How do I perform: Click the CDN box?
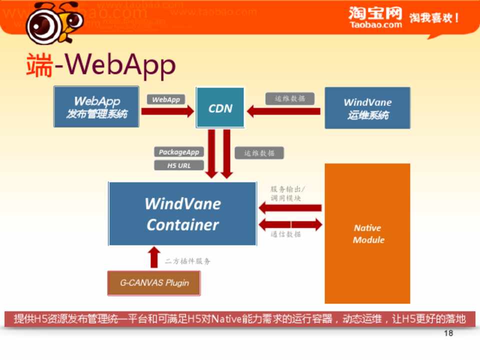point(220,107)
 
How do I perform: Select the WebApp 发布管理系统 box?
point(96,107)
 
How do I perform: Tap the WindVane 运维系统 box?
point(367,108)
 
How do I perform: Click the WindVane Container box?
point(182,214)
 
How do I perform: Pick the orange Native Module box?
point(367,233)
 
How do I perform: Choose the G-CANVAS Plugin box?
point(154,283)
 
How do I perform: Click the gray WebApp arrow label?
point(166,99)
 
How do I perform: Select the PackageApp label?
point(179,152)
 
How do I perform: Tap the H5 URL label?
point(179,165)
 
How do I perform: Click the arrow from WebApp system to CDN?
point(167,111)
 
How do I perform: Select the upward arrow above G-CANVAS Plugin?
point(154,256)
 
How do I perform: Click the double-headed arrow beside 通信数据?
point(290,224)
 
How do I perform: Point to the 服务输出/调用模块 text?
point(288,193)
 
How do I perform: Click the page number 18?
point(448,333)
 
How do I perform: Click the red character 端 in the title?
point(39,65)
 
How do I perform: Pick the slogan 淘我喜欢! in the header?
point(434,18)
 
